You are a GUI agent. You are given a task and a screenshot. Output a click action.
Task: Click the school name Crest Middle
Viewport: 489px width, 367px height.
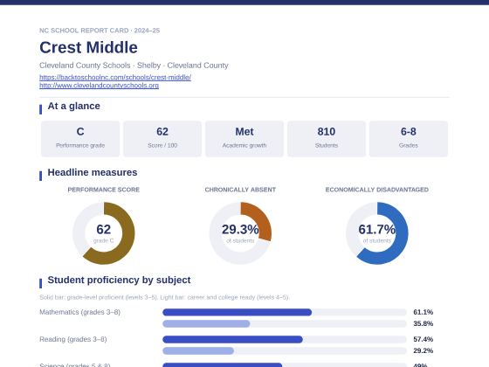tap(88, 47)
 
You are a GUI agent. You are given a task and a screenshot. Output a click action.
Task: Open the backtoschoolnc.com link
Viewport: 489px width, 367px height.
tap(115, 77)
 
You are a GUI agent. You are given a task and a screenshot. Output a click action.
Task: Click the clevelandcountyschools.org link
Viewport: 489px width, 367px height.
tap(100, 86)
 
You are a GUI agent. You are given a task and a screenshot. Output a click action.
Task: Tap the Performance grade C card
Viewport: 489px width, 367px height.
tap(80, 139)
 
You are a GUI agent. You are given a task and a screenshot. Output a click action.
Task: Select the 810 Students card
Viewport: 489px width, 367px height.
tap(327, 139)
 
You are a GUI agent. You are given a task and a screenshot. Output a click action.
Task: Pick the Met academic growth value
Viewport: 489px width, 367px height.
tap(244, 132)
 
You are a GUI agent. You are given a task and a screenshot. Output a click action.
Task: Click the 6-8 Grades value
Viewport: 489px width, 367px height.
tap(409, 132)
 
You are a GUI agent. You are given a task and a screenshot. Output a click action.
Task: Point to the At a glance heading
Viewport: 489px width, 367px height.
tap(74, 106)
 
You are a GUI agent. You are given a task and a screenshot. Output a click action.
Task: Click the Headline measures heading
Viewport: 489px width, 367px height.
tap(93, 173)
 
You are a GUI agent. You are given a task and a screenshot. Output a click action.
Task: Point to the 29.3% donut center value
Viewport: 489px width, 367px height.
tap(240, 229)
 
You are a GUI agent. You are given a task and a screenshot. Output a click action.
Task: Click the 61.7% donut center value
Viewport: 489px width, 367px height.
tap(376, 229)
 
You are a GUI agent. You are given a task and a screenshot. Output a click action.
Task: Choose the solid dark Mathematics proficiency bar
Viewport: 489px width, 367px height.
tap(237, 312)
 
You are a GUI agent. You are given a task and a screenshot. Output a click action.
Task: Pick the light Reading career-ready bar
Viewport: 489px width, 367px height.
tap(198, 350)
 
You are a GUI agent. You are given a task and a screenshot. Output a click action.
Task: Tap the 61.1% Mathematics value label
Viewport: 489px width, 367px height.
tap(424, 312)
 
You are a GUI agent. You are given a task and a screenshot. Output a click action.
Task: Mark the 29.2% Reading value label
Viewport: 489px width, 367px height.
tap(424, 350)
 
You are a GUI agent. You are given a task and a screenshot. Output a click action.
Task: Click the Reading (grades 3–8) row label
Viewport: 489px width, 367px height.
tap(73, 339)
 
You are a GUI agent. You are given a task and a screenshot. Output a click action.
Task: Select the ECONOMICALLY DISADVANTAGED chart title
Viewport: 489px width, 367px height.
tap(376, 190)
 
